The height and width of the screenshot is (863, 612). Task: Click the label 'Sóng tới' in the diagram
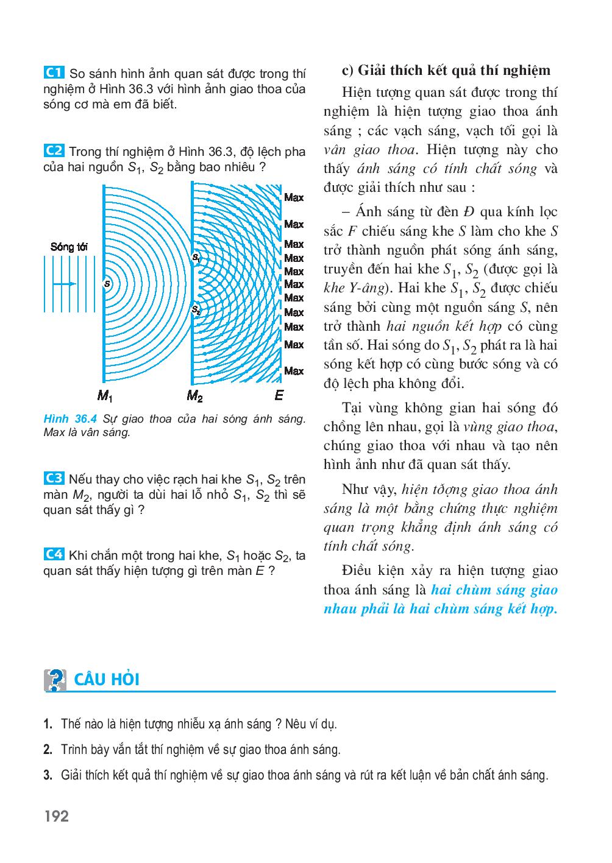pos(69,247)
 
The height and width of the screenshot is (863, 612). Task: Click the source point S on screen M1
pos(107,284)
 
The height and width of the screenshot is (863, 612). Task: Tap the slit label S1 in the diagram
pos(196,258)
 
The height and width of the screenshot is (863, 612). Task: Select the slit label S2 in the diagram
pos(196,310)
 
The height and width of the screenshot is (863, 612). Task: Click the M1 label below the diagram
pos(105,396)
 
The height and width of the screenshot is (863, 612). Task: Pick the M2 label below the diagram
pos(194,396)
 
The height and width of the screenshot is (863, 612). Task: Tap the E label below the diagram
pos(279,396)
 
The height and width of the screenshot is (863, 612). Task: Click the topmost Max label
pos(294,197)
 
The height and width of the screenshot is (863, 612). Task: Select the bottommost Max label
pos(294,371)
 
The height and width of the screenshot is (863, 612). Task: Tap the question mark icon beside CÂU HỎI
pos(55,680)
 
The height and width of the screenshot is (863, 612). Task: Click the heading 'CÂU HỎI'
pos(107,680)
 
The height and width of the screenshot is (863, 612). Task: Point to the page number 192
pos(56,816)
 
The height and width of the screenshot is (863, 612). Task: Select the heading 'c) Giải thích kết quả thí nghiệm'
pos(446,70)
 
